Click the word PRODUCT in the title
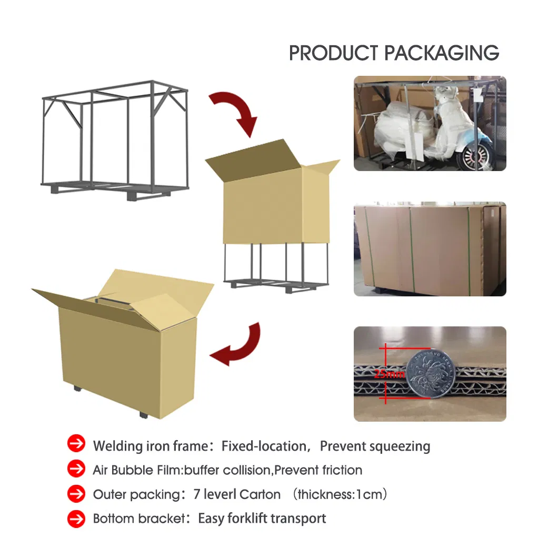pyautogui.click(x=334, y=53)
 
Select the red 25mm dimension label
pyautogui.click(x=389, y=374)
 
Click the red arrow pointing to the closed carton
pyautogui.click(x=237, y=345)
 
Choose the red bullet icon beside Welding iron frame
pyautogui.click(x=76, y=444)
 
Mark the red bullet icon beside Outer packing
pyautogui.click(x=76, y=494)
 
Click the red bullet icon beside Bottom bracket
pyautogui.click(x=76, y=519)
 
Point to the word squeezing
pyautogui.click(x=400, y=446)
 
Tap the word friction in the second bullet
pyautogui.click(x=341, y=470)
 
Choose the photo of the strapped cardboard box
pyautogui.click(x=430, y=248)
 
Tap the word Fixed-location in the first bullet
pyautogui.click(x=263, y=446)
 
